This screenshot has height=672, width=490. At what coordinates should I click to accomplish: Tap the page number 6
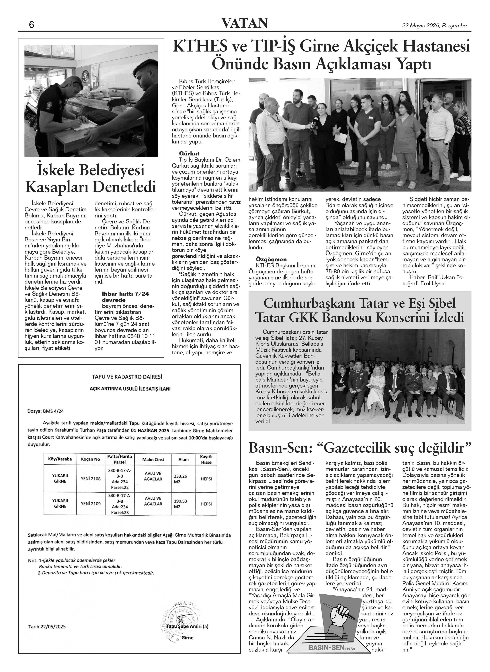[31, 25]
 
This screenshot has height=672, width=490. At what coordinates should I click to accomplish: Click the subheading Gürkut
[189, 153]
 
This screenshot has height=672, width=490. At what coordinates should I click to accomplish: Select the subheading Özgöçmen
[271, 259]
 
